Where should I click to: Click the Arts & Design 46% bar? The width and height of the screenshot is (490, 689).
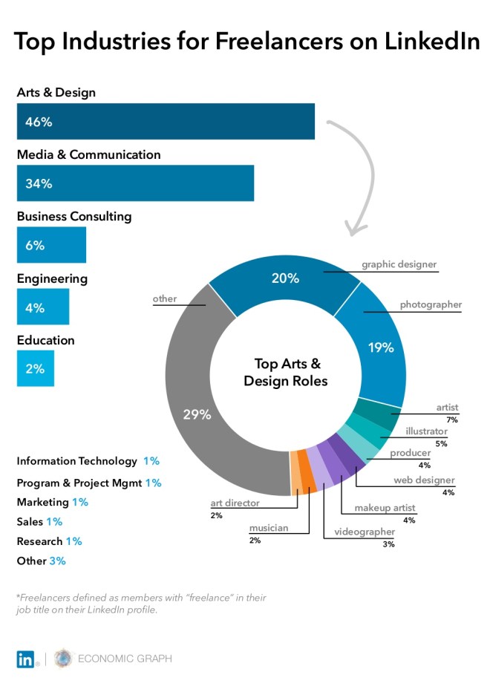(166, 122)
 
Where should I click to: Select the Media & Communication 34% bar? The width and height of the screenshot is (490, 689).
(135, 183)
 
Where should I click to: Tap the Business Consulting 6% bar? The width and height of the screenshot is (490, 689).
(51, 245)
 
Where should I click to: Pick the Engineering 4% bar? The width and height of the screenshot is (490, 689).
(43, 307)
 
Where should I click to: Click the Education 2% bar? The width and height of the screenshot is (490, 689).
(35, 368)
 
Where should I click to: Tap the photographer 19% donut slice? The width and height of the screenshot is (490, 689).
(379, 349)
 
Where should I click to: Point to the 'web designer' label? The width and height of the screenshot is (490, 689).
(424, 480)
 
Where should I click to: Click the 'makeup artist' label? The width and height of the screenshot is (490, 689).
(385, 507)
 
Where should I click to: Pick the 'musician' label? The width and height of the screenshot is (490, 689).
(268, 528)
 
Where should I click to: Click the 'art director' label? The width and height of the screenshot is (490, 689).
(235, 503)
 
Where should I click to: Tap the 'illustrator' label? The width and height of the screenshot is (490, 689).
(426, 431)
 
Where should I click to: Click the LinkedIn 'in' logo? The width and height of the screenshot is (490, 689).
(26, 659)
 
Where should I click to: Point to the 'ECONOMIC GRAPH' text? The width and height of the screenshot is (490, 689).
(125, 659)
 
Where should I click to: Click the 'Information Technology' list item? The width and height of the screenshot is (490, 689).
(77, 461)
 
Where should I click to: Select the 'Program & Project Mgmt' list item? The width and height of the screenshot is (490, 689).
(79, 483)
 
